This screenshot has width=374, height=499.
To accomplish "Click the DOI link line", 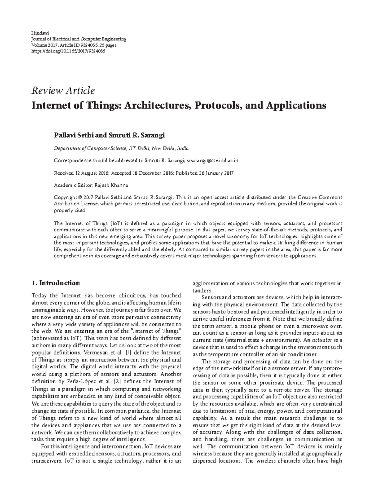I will [68, 51].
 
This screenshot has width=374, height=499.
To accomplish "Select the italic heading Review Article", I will [63, 91].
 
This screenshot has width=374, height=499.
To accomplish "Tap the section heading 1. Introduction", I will [56, 283].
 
